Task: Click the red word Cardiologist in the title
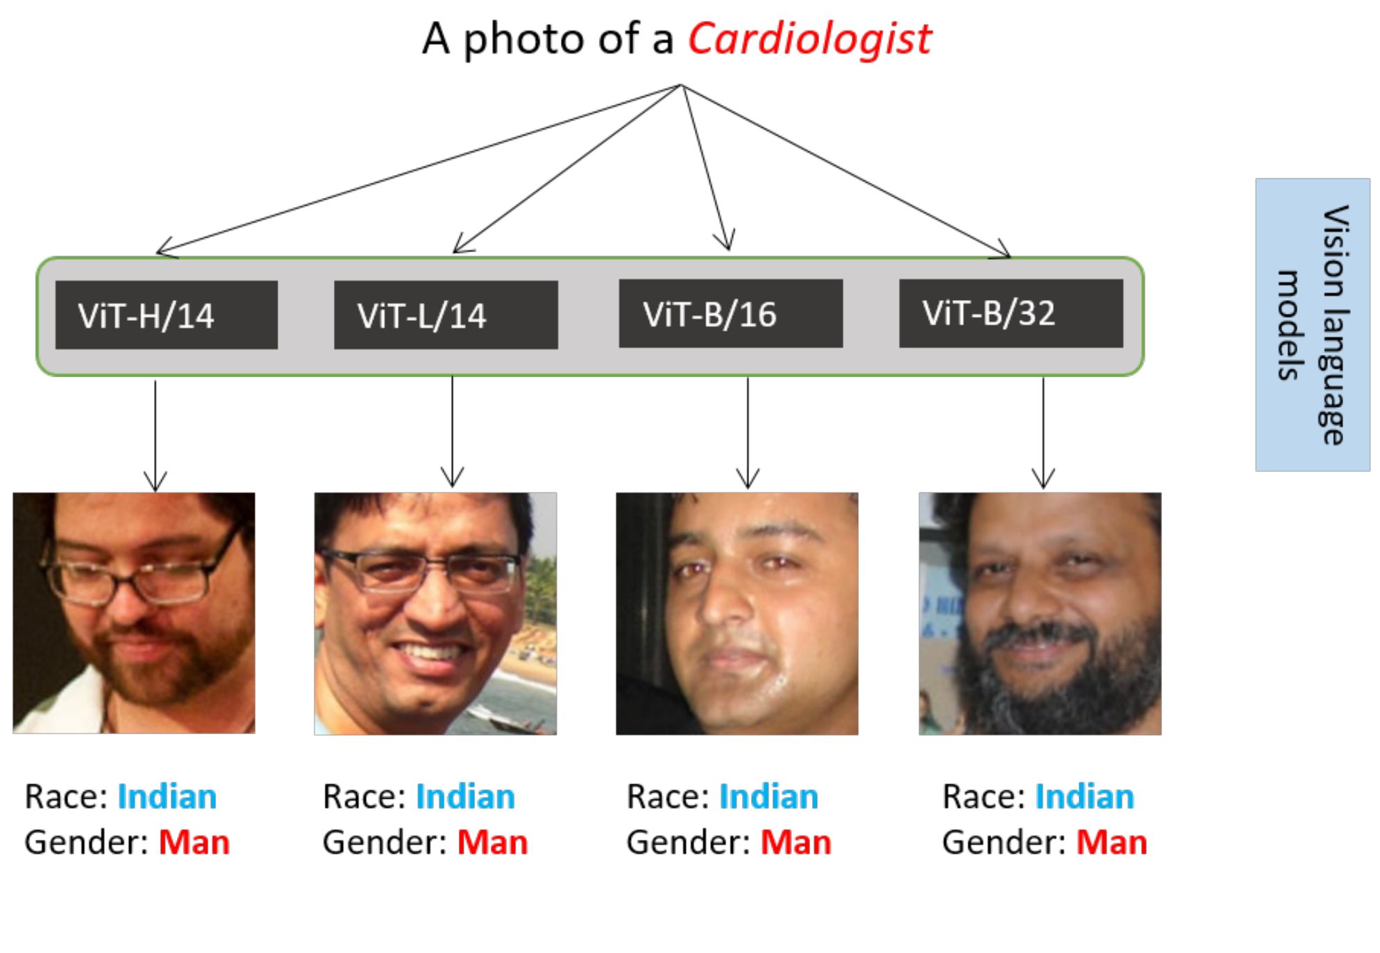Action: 809,39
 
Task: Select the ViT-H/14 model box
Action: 167,315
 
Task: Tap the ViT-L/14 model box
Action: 446,315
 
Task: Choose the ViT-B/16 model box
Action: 730,313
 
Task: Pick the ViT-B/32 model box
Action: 1011,313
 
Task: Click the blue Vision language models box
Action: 1312,324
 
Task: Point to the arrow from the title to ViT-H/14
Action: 416,169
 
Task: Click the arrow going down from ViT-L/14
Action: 452,431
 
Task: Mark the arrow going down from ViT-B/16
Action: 748,431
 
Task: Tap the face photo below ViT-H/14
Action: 134,613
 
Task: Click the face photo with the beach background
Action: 435,613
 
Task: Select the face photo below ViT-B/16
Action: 737,613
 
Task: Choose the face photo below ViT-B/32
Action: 1040,613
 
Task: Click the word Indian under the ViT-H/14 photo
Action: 167,797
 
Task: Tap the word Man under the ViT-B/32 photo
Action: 1111,843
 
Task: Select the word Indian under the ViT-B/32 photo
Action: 1084,797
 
